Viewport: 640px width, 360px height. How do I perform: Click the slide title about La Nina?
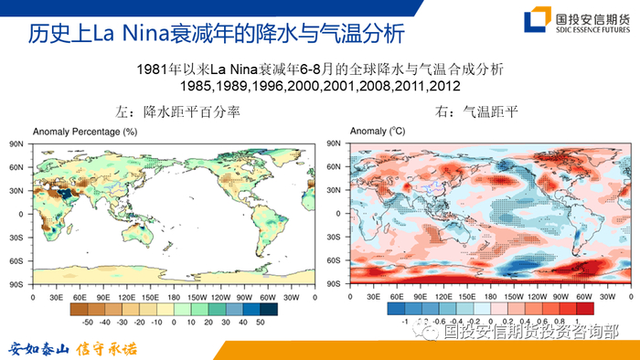[x=214, y=35]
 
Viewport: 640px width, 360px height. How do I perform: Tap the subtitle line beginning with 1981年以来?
[x=320, y=69]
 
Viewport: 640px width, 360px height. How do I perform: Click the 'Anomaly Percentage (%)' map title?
[x=84, y=132]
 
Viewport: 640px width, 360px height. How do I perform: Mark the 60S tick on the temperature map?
[x=336, y=261]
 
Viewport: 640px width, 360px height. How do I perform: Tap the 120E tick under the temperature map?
[x=446, y=297]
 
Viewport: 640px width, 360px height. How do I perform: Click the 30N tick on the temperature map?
[x=336, y=191]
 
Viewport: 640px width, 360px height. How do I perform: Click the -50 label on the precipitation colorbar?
[x=88, y=323]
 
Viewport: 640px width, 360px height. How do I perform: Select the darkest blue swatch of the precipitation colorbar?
[x=261, y=310]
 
